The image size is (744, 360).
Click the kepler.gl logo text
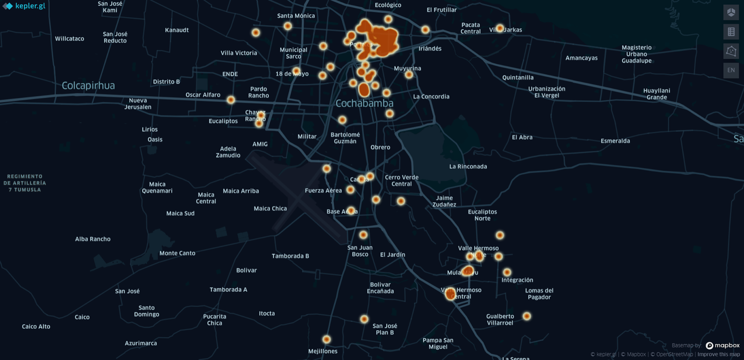click(30, 6)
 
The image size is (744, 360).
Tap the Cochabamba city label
click(364, 103)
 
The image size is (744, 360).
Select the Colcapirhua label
click(88, 86)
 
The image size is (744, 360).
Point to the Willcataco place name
click(69, 39)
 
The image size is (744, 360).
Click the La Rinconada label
click(468, 167)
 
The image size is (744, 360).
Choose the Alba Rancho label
click(93, 239)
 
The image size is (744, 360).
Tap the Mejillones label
click(323, 351)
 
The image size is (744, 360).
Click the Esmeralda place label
click(615, 141)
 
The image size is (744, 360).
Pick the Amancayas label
click(581, 58)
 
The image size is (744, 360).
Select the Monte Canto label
click(177, 253)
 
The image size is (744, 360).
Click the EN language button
click(731, 70)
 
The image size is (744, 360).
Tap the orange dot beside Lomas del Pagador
click(526, 316)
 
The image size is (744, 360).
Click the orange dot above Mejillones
click(326, 340)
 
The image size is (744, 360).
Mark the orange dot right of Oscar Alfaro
click(231, 100)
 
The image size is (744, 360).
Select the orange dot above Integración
click(507, 272)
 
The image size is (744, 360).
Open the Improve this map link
click(718, 354)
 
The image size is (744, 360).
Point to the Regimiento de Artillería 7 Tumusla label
click(25, 183)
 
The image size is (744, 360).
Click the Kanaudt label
click(177, 30)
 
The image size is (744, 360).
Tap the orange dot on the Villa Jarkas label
click(499, 28)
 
